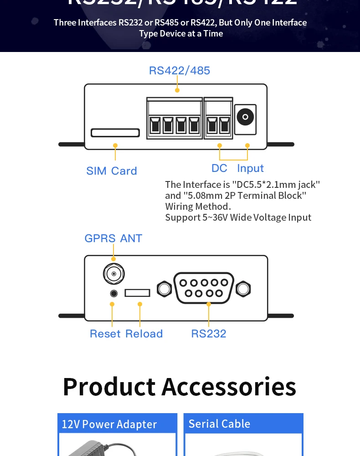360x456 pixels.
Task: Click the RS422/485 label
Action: click(x=180, y=71)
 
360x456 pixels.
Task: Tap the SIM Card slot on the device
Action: click(x=115, y=133)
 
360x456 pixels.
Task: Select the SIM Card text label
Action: click(x=112, y=171)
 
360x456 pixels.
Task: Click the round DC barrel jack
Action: click(x=245, y=117)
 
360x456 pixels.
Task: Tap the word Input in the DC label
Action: click(x=250, y=168)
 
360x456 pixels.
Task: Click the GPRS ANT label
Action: click(x=113, y=238)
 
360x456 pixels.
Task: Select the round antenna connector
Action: click(x=113, y=274)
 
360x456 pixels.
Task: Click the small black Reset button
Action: click(x=114, y=293)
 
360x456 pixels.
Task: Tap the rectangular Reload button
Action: click(x=138, y=293)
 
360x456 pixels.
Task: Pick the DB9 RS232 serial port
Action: click(x=204, y=288)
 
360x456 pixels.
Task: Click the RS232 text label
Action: click(x=209, y=334)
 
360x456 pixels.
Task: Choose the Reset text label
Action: click(x=105, y=334)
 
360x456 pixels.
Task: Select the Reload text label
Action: click(x=144, y=334)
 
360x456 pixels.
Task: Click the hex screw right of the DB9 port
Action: click(x=243, y=289)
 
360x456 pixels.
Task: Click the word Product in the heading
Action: click(x=109, y=387)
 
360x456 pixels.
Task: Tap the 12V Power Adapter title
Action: click(x=109, y=424)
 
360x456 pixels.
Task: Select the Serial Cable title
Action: click(x=219, y=424)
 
